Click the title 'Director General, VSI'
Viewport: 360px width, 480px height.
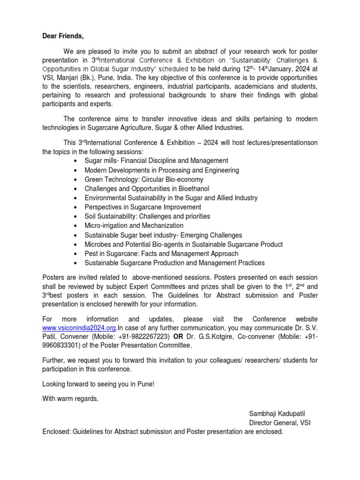pos(279,423)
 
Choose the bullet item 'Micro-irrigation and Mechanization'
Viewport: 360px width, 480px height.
pos(134,225)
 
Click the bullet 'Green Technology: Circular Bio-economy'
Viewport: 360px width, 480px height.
pos(144,179)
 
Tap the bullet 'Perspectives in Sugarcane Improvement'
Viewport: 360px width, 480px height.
pos(143,207)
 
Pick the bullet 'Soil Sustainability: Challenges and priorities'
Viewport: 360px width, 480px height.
pos(147,216)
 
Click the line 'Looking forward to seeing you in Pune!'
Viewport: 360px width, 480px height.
pos(98,384)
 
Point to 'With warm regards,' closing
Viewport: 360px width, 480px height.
pos(71,399)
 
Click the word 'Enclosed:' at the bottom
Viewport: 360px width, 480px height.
pos(56,432)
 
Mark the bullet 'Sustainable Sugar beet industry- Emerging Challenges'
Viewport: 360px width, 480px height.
pos(163,235)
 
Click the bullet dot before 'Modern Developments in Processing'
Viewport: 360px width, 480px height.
pos(76,170)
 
